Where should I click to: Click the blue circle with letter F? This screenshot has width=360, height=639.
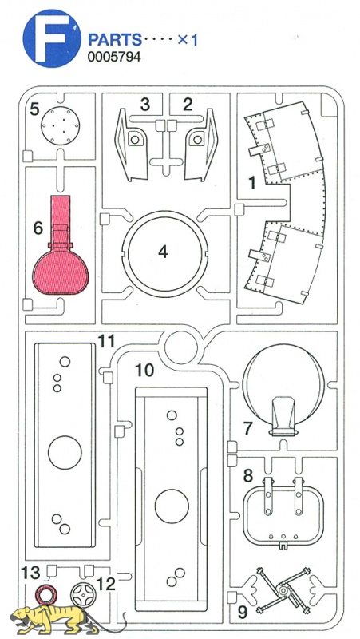click(52, 38)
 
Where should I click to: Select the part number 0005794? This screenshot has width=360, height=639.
click(114, 57)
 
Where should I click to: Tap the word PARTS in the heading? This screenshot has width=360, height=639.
click(115, 40)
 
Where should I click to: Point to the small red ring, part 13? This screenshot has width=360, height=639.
click(45, 593)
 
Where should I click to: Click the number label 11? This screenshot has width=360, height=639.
click(107, 341)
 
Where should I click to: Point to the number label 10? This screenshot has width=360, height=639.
click(145, 371)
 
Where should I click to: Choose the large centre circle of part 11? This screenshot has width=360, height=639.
click(65, 452)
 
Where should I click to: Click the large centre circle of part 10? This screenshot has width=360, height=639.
click(172, 506)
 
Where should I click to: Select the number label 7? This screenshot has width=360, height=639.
click(248, 428)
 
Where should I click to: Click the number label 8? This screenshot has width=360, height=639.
click(248, 475)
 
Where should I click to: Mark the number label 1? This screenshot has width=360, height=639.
click(252, 183)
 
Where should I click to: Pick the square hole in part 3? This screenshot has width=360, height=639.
click(135, 139)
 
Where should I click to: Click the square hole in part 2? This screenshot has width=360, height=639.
click(197, 139)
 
